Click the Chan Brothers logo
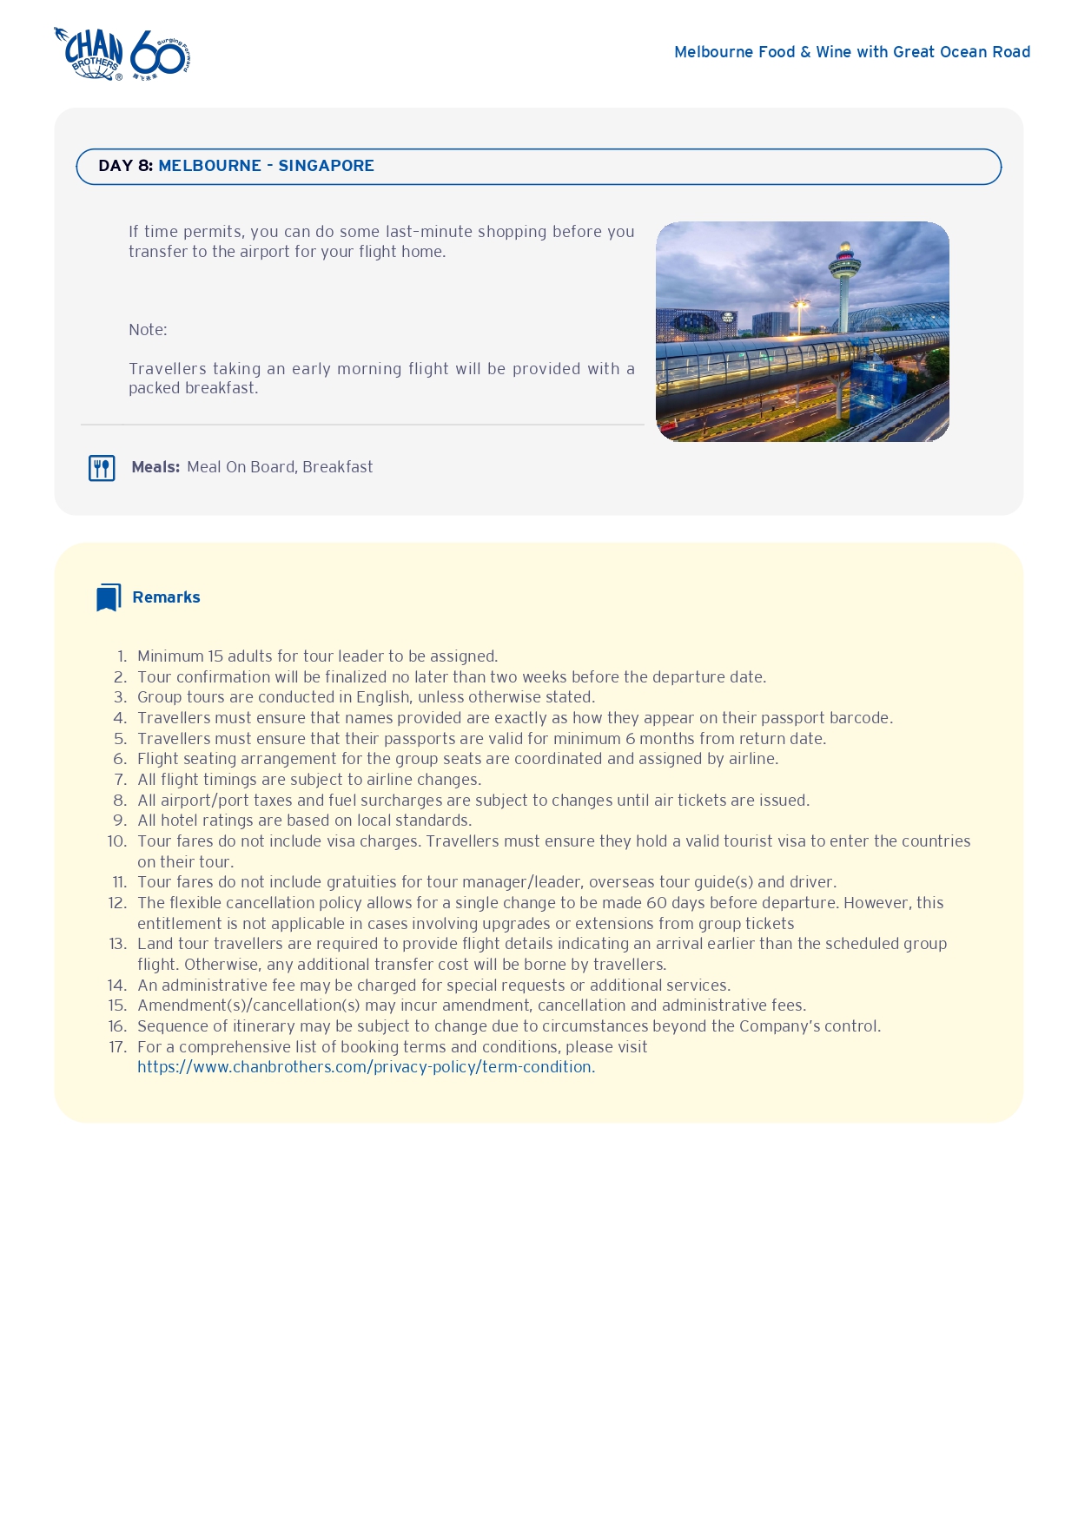(89, 54)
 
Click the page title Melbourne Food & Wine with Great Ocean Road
(851, 52)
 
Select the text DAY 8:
(125, 166)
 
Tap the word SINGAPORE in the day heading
(326, 166)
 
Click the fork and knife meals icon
(102, 468)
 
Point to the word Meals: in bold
(155, 467)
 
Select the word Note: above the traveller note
(148, 330)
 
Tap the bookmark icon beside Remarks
(109, 597)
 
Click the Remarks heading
(166, 597)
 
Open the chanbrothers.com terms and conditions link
(364, 1067)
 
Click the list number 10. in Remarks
(117, 841)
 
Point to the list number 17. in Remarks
(118, 1047)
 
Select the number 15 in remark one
(215, 656)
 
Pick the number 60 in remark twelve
(658, 903)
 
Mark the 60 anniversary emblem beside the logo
(160, 55)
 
